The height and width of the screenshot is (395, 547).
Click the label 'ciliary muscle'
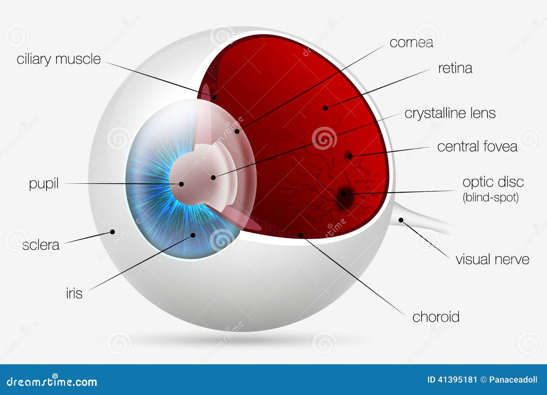pos(58,59)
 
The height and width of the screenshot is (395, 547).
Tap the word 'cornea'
pos(412,43)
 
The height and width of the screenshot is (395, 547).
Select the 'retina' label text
pos(455,68)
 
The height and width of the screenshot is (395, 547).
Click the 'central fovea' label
pos(477,146)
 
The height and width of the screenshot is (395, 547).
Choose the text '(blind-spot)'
pos(491,197)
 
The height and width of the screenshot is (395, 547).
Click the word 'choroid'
pos(436,317)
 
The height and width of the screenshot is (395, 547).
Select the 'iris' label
pos(74,293)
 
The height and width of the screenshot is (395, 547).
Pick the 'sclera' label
pos(41,245)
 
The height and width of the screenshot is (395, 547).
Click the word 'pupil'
pos(44,183)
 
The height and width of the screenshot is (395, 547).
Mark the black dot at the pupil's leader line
pos(181,184)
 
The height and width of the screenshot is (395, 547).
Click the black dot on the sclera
pos(112,232)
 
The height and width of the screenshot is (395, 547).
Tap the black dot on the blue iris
pos(193,235)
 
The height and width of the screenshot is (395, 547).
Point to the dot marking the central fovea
pos(350,156)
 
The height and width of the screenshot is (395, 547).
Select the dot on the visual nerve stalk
pos(401,220)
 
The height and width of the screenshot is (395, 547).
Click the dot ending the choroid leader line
pos(301,235)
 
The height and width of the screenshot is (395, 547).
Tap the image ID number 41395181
pos(457,380)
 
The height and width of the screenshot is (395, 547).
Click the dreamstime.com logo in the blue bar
pos(52,381)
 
